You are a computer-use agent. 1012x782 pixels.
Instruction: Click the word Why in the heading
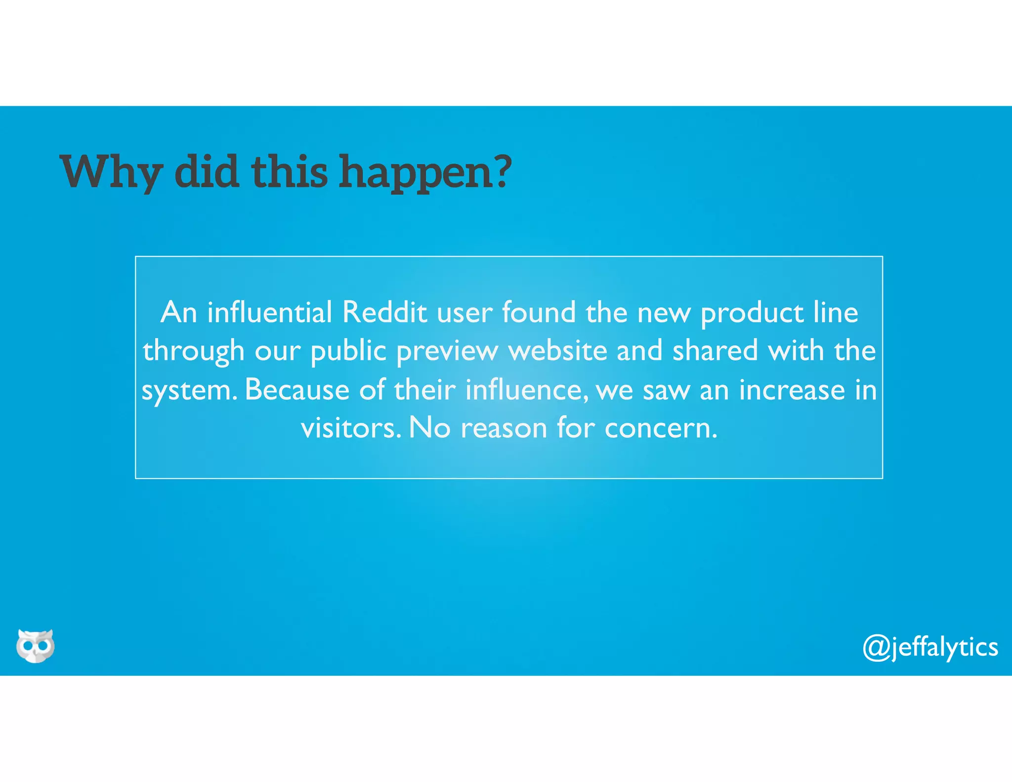[111, 172]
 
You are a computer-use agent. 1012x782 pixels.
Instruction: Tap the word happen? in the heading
[425, 172]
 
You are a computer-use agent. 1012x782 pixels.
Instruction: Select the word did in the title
[207, 172]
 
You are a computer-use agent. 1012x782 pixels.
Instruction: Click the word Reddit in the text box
[384, 312]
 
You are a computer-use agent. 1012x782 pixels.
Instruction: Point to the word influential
[269, 312]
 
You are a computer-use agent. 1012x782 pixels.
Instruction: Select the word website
[558, 351]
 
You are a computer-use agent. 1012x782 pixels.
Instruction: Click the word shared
[715, 351]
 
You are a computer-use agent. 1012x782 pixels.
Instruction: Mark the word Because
[297, 390]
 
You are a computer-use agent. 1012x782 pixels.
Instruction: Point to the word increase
[792, 390]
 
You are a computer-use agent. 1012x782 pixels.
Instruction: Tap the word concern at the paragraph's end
[661, 428]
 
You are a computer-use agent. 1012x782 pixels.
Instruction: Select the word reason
[504, 428]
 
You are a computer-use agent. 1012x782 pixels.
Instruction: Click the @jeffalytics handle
[930, 648]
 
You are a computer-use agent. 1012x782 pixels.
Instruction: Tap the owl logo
[35, 646]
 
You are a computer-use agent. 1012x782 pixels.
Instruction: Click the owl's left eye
[28, 646]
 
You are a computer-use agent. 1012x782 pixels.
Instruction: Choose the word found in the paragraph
[539, 312]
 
